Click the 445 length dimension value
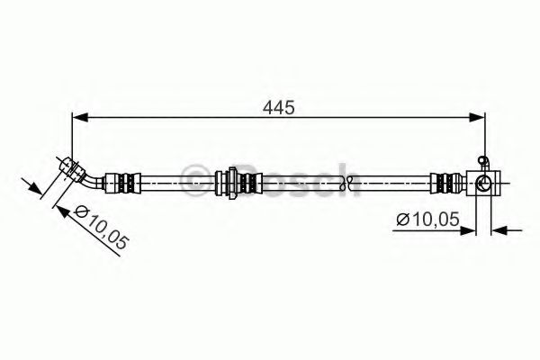click(x=279, y=108)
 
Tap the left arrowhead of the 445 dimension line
click(x=80, y=118)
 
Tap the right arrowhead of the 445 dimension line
click(x=477, y=118)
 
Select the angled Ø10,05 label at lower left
click(x=101, y=227)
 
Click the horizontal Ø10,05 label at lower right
click(x=427, y=219)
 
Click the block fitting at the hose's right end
click(x=483, y=183)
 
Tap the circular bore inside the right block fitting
click(x=482, y=183)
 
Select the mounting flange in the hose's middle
click(x=232, y=183)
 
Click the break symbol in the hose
click(x=346, y=183)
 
